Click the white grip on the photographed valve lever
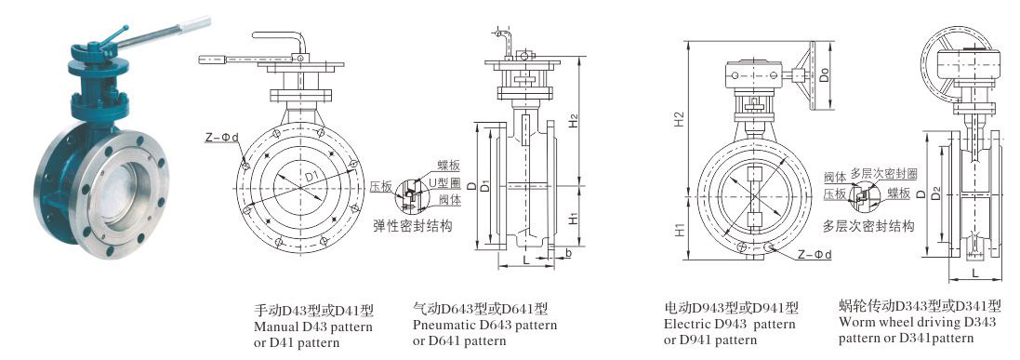click(x=196, y=24)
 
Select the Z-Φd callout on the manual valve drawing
click(x=222, y=137)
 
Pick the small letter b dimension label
click(x=568, y=253)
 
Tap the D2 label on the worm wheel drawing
click(x=935, y=193)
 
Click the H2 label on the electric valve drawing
click(x=679, y=119)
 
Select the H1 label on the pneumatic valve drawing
click(x=573, y=220)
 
